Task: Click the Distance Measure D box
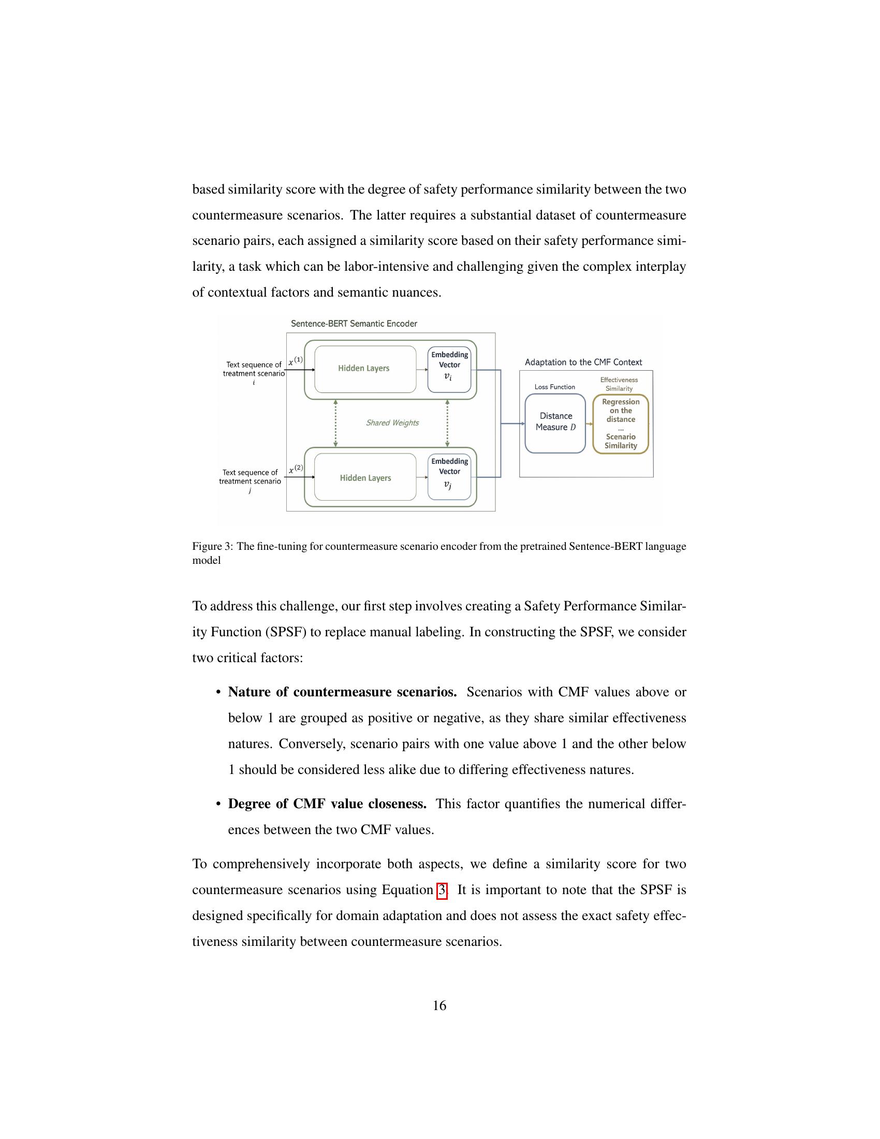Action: [x=555, y=423]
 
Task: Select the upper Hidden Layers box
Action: [x=365, y=369]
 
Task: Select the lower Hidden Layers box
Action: [x=365, y=478]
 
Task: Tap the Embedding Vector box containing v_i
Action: [x=449, y=369]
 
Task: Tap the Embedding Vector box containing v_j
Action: [x=449, y=477]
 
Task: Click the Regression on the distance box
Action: [x=620, y=424]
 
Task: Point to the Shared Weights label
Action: [x=392, y=423]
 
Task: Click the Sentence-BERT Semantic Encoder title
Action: [x=354, y=324]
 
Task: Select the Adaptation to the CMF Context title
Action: [x=583, y=362]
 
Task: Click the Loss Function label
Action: [x=555, y=387]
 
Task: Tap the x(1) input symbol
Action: [x=295, y=361]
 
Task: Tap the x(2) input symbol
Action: [x=296, y=469]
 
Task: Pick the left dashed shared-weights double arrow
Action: [x=336, y=423]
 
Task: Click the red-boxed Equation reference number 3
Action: [x=442, y=889]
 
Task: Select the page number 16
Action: [x=439, y=1005]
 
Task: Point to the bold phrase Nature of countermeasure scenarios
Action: [x=342, y=692]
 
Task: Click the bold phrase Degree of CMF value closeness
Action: [x=327, y=804]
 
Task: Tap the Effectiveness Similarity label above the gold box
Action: [x=619, y=384]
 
